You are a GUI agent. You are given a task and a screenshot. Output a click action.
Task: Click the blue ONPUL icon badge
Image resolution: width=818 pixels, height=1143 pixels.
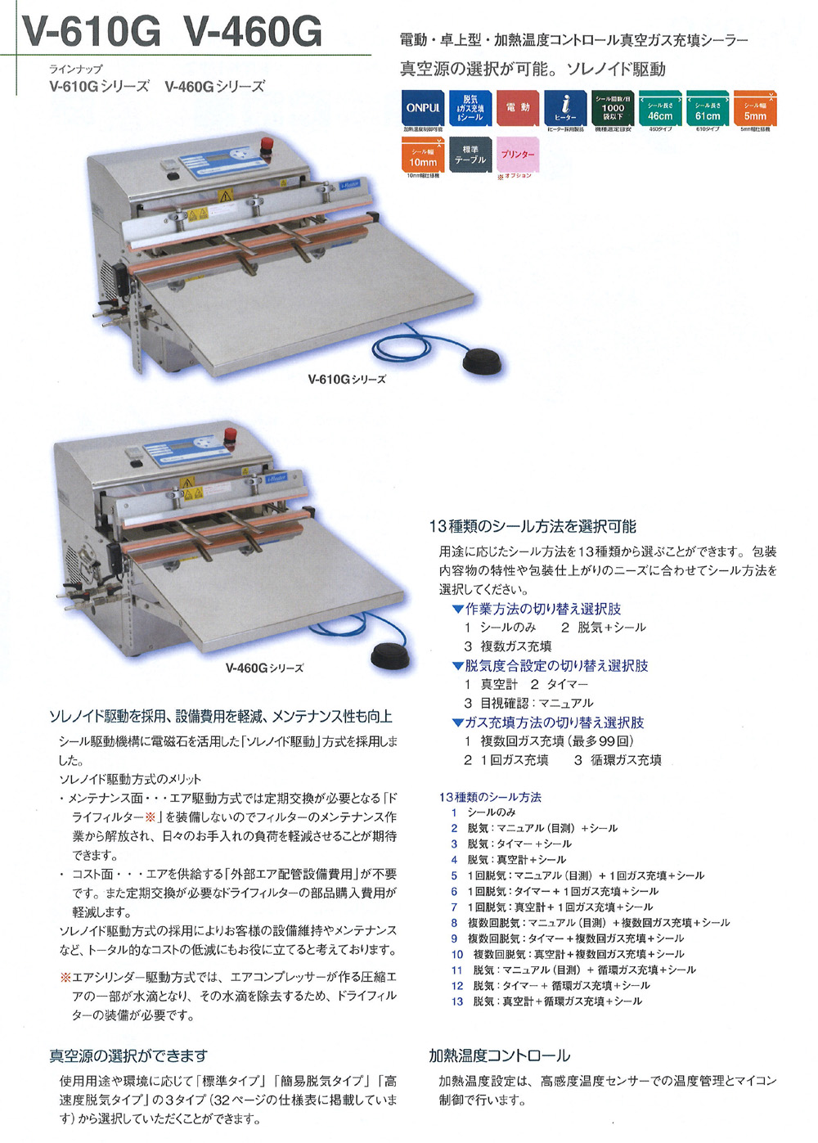coord(423,107)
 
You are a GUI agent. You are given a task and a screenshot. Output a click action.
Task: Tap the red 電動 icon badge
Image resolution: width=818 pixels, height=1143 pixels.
coord(517,107)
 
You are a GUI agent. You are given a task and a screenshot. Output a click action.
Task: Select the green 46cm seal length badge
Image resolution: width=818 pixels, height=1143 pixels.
coord(660,107)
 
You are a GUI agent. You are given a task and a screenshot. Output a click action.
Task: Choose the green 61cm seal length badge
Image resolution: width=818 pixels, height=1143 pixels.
coord(708,107)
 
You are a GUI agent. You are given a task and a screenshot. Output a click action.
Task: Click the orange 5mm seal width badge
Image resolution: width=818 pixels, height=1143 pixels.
coord(755,107)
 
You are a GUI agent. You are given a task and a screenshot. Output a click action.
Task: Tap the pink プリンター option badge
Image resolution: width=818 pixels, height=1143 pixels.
coord(517,155)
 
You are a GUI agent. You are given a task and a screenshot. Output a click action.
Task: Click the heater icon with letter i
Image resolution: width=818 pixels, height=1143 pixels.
coord(565,107)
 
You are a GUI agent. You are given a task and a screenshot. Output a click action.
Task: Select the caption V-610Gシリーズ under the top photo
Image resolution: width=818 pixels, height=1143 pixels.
coord(347,380)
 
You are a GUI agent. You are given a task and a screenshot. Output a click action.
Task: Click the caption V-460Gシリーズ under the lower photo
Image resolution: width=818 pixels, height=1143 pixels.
coord(264,668)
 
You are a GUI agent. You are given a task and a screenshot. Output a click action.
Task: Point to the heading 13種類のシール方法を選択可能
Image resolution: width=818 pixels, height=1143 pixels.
coord(533,526)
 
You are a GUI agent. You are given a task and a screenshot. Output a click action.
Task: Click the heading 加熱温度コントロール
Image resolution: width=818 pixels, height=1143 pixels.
coord(500,1055)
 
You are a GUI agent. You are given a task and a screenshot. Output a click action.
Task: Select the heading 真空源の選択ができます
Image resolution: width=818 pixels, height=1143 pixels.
coord(128,1055)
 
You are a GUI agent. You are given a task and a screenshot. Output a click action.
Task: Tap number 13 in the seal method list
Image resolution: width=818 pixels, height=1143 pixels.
coord(456,1001)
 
